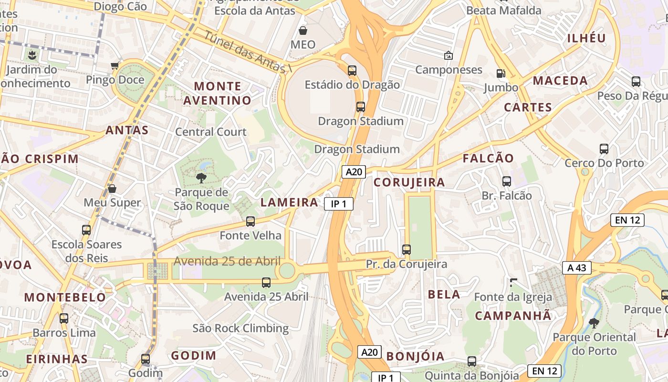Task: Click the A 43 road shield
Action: (x=576, y=268)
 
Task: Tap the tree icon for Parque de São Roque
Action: (x=201, y=178)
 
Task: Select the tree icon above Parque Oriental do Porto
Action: (x=594, y=323)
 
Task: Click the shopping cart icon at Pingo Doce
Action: (x=115, y=65)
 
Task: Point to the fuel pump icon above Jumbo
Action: (x=501, y=73)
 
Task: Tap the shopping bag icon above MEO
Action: (x=303, y=31)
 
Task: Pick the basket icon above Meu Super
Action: (x=112, y=189)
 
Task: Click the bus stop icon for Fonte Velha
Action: (x=250, y=222)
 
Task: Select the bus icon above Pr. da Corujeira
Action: (x=407, y=250)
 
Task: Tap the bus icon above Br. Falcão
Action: (x=507, y=181)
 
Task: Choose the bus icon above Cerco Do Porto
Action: (x=604, y=149)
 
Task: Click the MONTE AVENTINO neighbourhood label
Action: (x=218, y=93)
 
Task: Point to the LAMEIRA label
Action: (x=290, y=202)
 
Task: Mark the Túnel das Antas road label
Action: (x=248, y=52)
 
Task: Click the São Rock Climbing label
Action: (x=240, y=328)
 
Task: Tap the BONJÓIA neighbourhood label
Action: (x=415, y=356)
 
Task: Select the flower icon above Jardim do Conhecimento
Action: (x=31, y=55)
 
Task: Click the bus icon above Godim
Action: (x=146, y=359)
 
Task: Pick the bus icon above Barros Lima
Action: (x=64, y=318)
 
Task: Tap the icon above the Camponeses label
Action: (x=449, y=56)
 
